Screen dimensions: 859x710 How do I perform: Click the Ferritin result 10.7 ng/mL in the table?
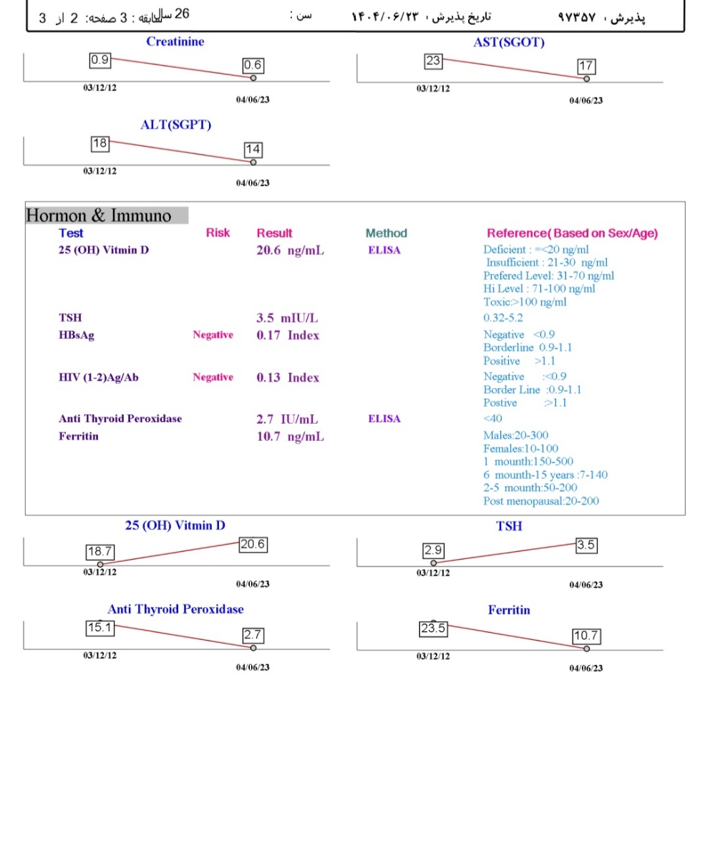(x=290, y=437)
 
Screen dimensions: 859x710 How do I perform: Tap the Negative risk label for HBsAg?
(x=213, y=335)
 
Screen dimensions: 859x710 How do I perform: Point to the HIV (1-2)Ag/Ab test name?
(x=99, y=377)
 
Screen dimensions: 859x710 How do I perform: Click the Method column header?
(x=386, y=233)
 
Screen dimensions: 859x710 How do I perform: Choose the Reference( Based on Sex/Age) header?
(x=572, y=233)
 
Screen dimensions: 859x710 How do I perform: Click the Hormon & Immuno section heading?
(x=99, y=215)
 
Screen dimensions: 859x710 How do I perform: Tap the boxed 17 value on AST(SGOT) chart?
(x=586, y=67)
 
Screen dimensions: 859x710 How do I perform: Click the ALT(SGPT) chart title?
(x=176, y=125)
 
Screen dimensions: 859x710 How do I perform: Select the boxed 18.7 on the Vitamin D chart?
(x=99, y=553)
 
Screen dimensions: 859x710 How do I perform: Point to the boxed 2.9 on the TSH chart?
(x=434, y=551)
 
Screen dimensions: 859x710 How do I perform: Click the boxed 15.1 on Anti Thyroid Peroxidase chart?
(x=99, y=628)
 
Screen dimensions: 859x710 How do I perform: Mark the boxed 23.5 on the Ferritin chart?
(x=433, y=629)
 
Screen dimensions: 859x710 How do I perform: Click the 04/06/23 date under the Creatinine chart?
(x=253, y=100)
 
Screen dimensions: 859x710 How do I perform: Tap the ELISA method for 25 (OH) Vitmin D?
(x=384, y=251)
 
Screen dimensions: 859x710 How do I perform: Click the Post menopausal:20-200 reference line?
(x=541, y=501)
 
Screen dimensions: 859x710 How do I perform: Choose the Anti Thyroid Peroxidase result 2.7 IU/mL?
(x=288, y=419)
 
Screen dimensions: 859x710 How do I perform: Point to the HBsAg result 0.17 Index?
(x=288, y=335)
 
